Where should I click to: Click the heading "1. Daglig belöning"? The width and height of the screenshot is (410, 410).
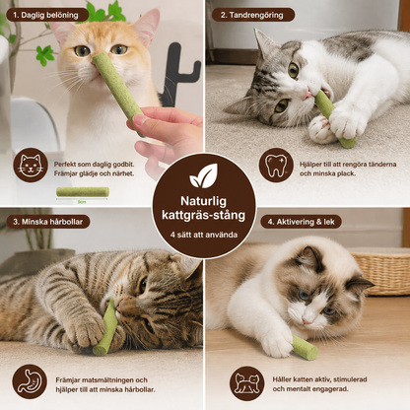tap(46, 15)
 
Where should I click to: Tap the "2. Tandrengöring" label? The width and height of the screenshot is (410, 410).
tap(252, 15)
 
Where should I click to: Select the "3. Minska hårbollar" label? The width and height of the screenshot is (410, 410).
tap(48, 222)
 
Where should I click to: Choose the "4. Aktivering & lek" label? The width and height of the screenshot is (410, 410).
tap(301, 222)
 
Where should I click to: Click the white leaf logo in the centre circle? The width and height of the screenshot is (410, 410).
tap(204, 176)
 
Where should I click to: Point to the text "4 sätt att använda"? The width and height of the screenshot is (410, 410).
tap(204, 235)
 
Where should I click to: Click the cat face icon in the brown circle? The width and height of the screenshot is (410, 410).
tap(31, 165)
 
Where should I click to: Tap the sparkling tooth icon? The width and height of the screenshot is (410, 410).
tap(276, 166)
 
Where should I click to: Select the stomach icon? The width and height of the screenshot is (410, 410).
tap(30, 381)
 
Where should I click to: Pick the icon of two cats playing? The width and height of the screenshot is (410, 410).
tap(247, 383)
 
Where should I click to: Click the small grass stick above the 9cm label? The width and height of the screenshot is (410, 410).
tap(83, 192)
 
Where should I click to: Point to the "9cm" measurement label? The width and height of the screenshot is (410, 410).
tap(82, 202)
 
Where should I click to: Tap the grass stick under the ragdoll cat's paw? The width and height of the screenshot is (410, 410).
tap(305, 347)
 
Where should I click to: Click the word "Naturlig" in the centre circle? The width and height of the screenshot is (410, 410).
tap(203, 201)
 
